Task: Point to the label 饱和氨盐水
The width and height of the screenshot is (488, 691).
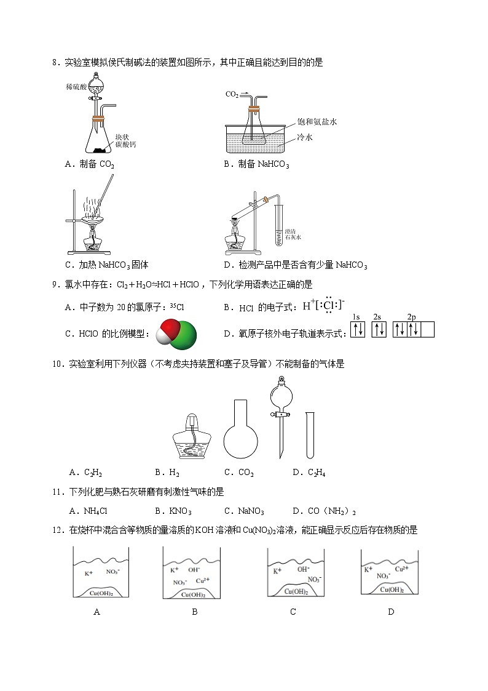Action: tap(317, 122)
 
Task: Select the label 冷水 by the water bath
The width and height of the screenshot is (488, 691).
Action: tap(305, 137)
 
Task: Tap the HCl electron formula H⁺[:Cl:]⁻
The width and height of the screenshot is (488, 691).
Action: tap(324, 306)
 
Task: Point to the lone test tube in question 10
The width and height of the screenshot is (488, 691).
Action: tap(310, 435)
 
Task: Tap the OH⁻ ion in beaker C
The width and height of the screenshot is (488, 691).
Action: tap(303, 570)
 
